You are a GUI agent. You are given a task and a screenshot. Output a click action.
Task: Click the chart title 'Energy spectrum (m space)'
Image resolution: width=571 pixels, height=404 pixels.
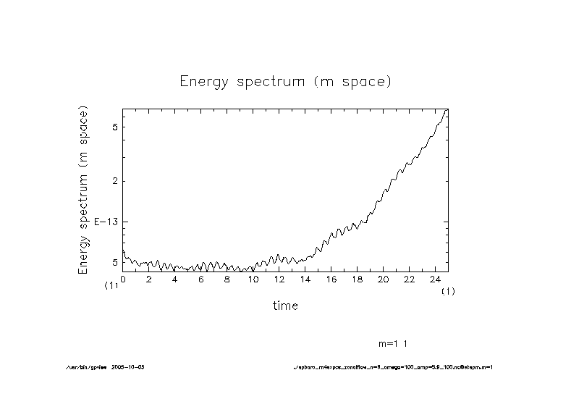[285, 81]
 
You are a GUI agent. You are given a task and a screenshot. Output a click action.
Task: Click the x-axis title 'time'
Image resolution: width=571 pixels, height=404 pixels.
[285, 306]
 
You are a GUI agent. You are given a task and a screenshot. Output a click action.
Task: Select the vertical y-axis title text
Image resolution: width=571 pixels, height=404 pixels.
[83, 192]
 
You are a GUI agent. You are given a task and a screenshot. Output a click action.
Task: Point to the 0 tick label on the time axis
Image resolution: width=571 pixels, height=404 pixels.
[123, 279]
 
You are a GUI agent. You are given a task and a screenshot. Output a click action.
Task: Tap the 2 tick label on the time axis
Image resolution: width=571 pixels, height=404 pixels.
[149, 279]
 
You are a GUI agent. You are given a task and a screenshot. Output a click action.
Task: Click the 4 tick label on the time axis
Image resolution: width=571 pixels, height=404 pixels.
[175, 279]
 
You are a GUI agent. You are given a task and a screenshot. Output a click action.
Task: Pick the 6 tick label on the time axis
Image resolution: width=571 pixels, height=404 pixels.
[201, 279]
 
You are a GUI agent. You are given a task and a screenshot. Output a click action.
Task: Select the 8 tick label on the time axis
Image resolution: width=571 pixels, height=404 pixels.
[227, 279]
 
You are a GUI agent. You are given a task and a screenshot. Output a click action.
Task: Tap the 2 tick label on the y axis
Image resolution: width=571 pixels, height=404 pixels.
[114, 181]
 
